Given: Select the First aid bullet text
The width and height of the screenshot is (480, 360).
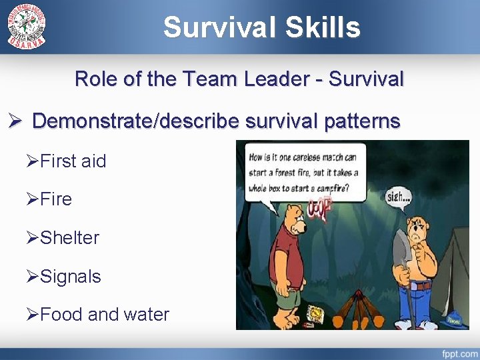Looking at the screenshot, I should [x=73, y=161].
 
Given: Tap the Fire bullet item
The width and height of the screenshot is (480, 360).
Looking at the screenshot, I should [x=56, y=199].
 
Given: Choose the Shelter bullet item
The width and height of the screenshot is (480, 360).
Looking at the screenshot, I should [x=69, y=237].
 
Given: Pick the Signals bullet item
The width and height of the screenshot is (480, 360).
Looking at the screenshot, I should [x=70, y=276].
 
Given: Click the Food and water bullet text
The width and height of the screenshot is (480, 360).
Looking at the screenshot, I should [x=105, y=314].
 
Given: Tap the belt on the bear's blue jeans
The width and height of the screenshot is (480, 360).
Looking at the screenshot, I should [x=422, y=285].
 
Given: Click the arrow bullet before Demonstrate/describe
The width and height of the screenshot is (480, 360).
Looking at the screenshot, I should [x=15, y=122].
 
